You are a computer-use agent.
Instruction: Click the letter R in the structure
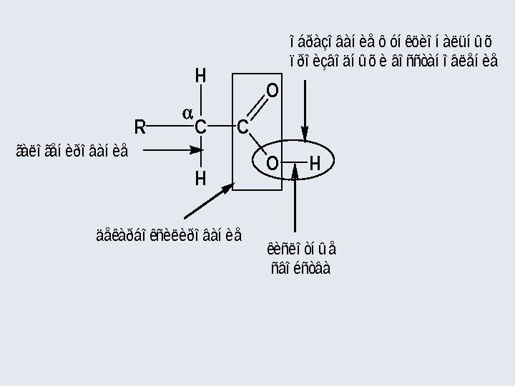point(140,128)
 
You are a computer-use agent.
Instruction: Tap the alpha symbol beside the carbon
point(187,113)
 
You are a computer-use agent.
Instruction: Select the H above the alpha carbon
point(201,76)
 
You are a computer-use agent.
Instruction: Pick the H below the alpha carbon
point(201,178)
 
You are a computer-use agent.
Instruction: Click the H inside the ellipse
point(315,164)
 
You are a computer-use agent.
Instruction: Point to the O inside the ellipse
point(272,164)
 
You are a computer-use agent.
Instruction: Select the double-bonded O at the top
point(273,91)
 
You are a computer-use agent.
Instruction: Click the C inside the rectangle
point(242,128)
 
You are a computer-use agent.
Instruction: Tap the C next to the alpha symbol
point(201,128)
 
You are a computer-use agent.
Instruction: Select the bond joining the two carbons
point(222,128)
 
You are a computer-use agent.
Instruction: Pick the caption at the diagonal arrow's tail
point(169,234)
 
